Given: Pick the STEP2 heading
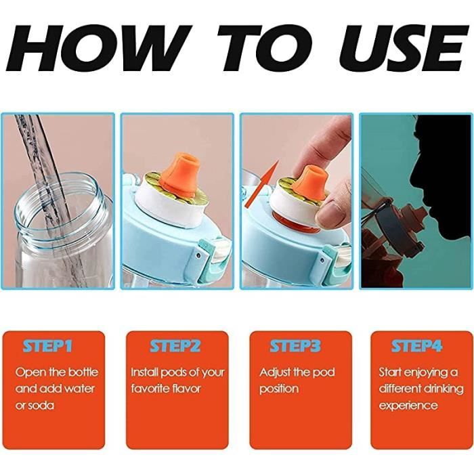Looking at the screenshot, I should click(175, 347).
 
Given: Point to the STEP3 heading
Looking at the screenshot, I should click(295, 347).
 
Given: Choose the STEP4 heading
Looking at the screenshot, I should click(416, 347).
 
